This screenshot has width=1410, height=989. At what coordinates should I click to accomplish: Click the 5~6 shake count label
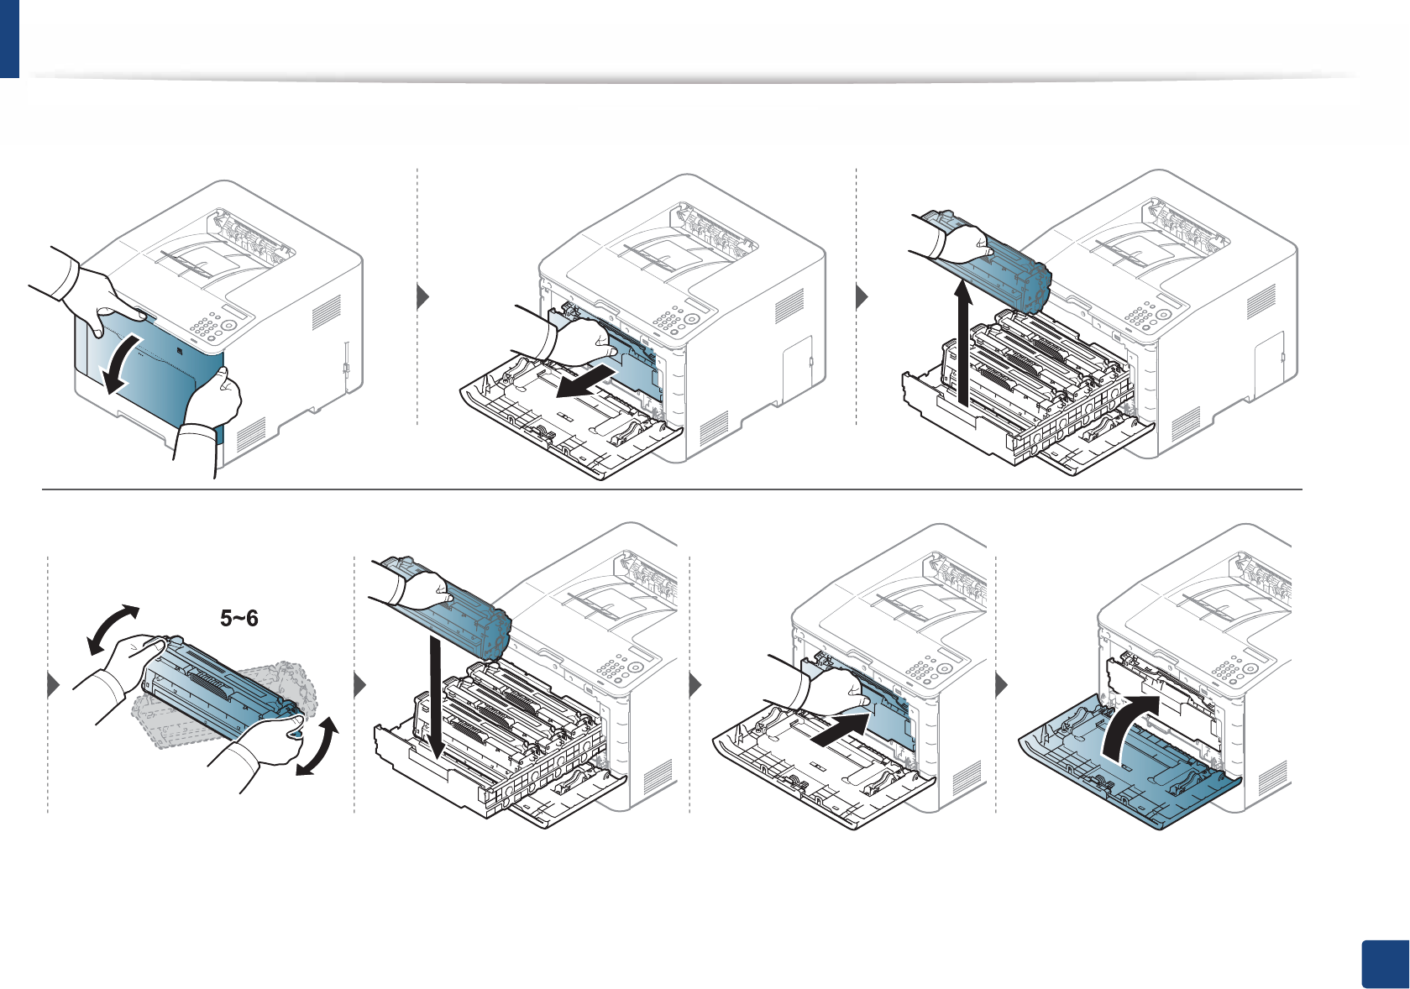[x=239, y=619]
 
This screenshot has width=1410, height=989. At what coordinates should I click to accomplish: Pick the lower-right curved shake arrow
[x=318, y=746]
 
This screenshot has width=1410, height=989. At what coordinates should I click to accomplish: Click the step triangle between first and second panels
[x=423, y=297]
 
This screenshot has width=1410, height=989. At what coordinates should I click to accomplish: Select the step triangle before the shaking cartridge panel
[x=54, y=685]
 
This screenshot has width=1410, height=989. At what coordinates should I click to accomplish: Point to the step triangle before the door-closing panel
[x=1001, y=685]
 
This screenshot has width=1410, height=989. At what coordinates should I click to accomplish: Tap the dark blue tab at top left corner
[x=9, y=39]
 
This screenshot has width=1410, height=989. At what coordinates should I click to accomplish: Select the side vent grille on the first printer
[x=327, y=312]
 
